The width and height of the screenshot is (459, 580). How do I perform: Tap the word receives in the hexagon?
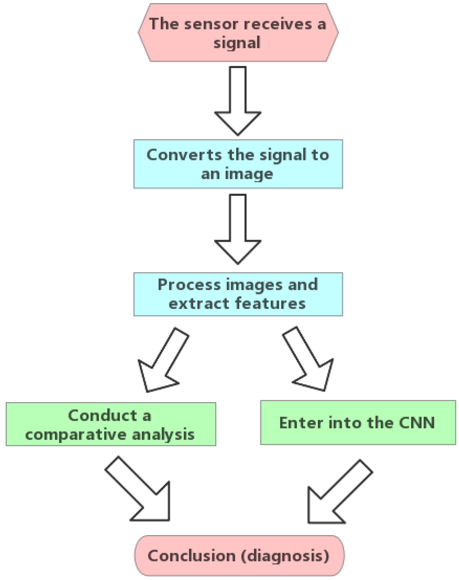(278, 24)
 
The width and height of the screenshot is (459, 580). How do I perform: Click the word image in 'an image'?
(249, 174)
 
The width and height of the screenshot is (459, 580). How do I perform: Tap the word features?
(271, 303)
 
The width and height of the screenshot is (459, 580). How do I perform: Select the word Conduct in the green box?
(102, 415)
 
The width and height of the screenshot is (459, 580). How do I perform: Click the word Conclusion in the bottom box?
(191, 556)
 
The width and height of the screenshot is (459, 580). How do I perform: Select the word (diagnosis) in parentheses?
(285, 556)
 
